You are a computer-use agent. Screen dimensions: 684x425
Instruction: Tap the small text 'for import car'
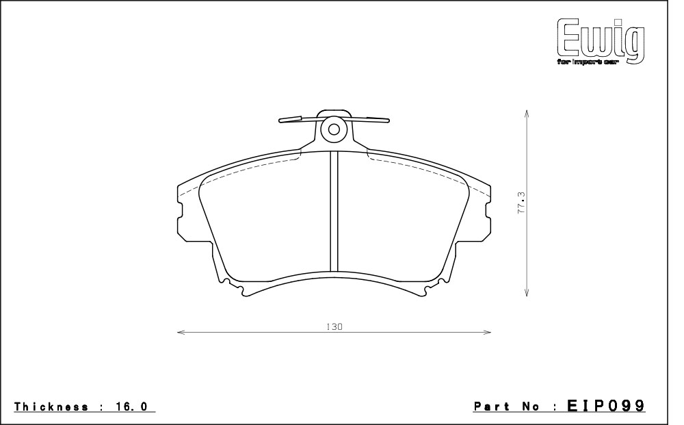click(x=588, y=62)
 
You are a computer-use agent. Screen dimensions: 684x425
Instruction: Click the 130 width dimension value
click(x=334, y=326)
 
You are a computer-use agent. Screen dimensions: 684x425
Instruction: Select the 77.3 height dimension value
click(x=522, y=203)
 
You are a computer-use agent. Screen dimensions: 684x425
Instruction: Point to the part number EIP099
click(x=606, y=407)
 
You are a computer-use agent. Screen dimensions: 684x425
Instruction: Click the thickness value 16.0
click(x=131, y=407)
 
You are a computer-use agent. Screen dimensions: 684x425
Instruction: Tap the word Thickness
click(x=51, y=407)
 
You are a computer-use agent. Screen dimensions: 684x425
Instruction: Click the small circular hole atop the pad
click(x=334, y=129)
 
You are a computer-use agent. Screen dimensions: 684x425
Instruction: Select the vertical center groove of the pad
click(x=334, y=211)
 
